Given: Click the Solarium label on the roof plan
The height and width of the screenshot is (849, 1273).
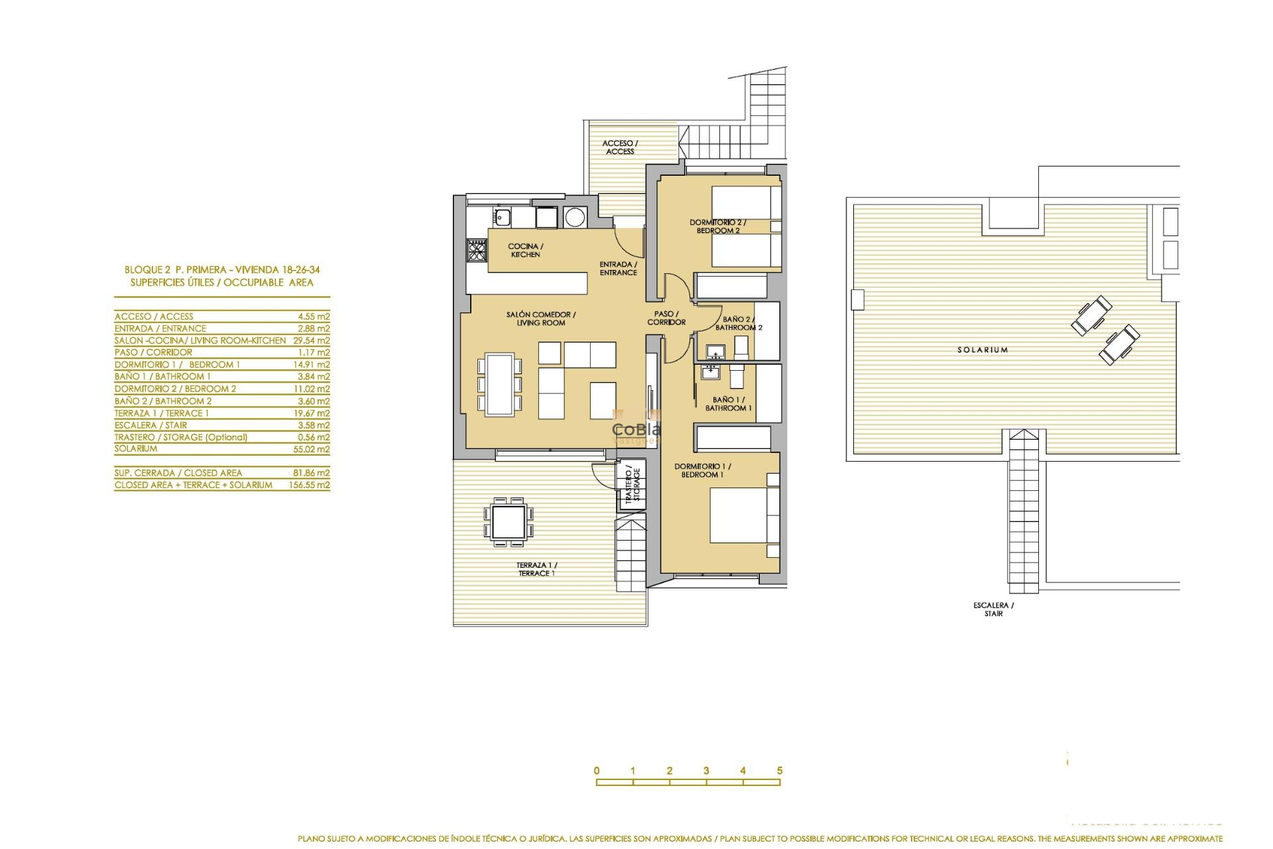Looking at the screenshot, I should click(982, 350).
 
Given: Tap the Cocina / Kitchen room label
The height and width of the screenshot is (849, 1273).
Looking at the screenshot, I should click(525, 250).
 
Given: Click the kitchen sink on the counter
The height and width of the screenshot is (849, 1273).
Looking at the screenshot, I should click(501, 216).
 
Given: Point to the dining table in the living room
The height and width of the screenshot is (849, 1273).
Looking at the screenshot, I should click(499, 385).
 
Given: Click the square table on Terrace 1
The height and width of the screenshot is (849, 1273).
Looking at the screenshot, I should click(509, 521).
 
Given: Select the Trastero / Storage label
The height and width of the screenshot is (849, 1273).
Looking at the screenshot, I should click(633, 485).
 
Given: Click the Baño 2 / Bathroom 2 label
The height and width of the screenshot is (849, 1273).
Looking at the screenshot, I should click(739, 323).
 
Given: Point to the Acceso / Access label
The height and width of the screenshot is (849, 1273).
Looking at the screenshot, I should click(620, 147).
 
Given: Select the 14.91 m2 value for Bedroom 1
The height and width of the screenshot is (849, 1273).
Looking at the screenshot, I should click(311, 365).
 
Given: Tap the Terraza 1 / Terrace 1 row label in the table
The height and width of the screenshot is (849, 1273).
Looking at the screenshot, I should click(161, 413).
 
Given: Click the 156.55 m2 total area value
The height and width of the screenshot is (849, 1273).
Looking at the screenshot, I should click(309, 485).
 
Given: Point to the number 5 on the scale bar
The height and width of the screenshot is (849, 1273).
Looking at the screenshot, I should click(780, 771).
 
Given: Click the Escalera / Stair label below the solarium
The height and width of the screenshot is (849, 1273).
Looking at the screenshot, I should click(993, 609).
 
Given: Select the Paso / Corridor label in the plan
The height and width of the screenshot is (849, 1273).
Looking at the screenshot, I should click(666, 318).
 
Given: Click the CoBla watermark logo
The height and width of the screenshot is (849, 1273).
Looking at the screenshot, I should click(636, 429).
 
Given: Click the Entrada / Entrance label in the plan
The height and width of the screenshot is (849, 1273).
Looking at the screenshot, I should click(618, 268).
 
